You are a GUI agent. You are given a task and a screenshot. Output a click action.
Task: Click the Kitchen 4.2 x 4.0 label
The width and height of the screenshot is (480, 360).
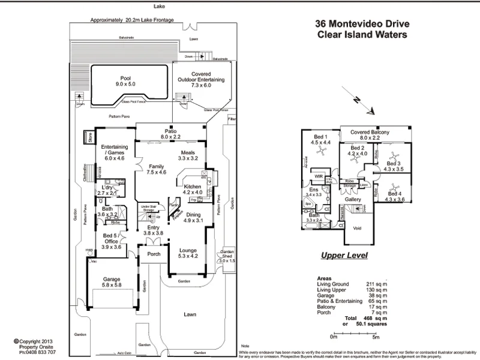tap(197, 189)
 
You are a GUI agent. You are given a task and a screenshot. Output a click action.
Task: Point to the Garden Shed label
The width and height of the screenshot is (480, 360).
tap(227, 256)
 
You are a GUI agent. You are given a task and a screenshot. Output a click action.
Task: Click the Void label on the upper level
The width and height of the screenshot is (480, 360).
tap(358, 229)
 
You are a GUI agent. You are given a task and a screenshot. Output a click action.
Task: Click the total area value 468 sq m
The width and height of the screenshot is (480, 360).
tap(373, 318)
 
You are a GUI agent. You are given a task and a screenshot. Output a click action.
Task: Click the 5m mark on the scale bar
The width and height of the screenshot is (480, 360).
tap(375, 337)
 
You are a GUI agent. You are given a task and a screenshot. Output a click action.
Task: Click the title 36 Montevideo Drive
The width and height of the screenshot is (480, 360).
tap(362, 25)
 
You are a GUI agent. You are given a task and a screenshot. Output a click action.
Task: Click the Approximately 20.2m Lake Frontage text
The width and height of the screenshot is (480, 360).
tap(132, 20)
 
